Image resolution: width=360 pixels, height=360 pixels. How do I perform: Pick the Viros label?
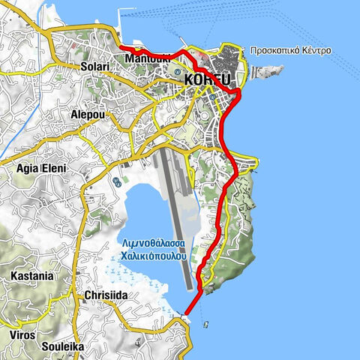tap(22, 335)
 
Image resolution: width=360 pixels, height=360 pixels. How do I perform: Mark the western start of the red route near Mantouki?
tap(121, 47)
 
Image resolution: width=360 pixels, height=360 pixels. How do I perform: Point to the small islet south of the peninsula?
tap(205, 324)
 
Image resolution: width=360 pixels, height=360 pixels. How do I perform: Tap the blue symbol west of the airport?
tap(117, 182)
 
